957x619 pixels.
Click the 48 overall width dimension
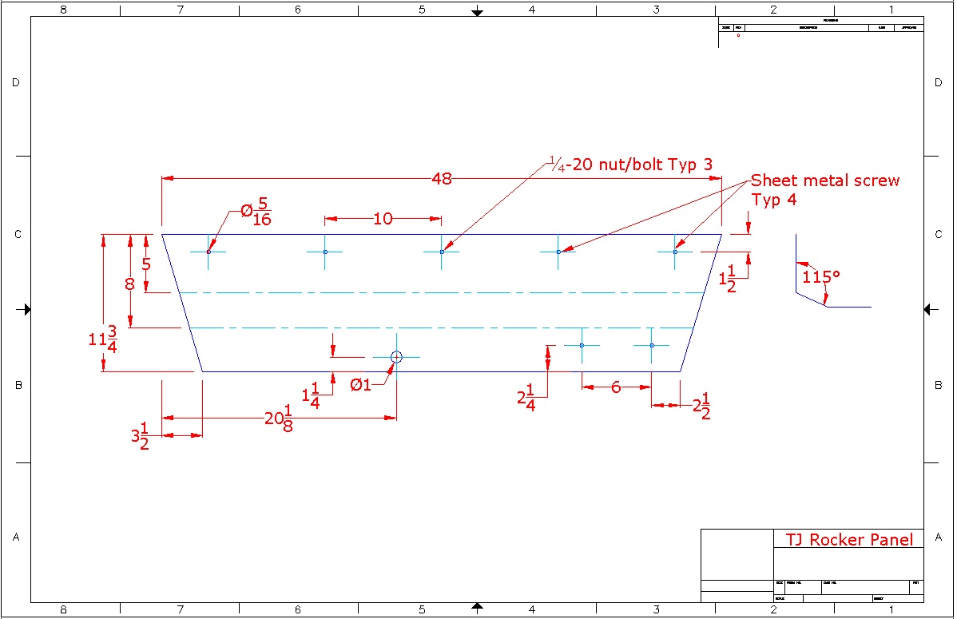[441, 179]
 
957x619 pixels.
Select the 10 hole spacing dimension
[383, 218]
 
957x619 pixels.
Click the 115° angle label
[821, 276]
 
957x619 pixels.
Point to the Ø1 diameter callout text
[361, 385]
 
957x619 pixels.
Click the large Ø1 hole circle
[396, 357]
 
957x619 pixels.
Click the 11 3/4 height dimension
[103, 339]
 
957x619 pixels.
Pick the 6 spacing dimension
[616, 387]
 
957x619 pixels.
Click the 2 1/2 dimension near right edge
[701, 407]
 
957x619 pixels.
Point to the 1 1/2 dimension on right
[728, 279]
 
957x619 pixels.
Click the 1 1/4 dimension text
[311, 395]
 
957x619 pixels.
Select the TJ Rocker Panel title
[848, 540]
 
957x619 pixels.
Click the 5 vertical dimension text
[146, 264]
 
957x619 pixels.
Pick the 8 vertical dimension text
[129, 283]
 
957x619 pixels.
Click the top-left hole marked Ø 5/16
[208, 252]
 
